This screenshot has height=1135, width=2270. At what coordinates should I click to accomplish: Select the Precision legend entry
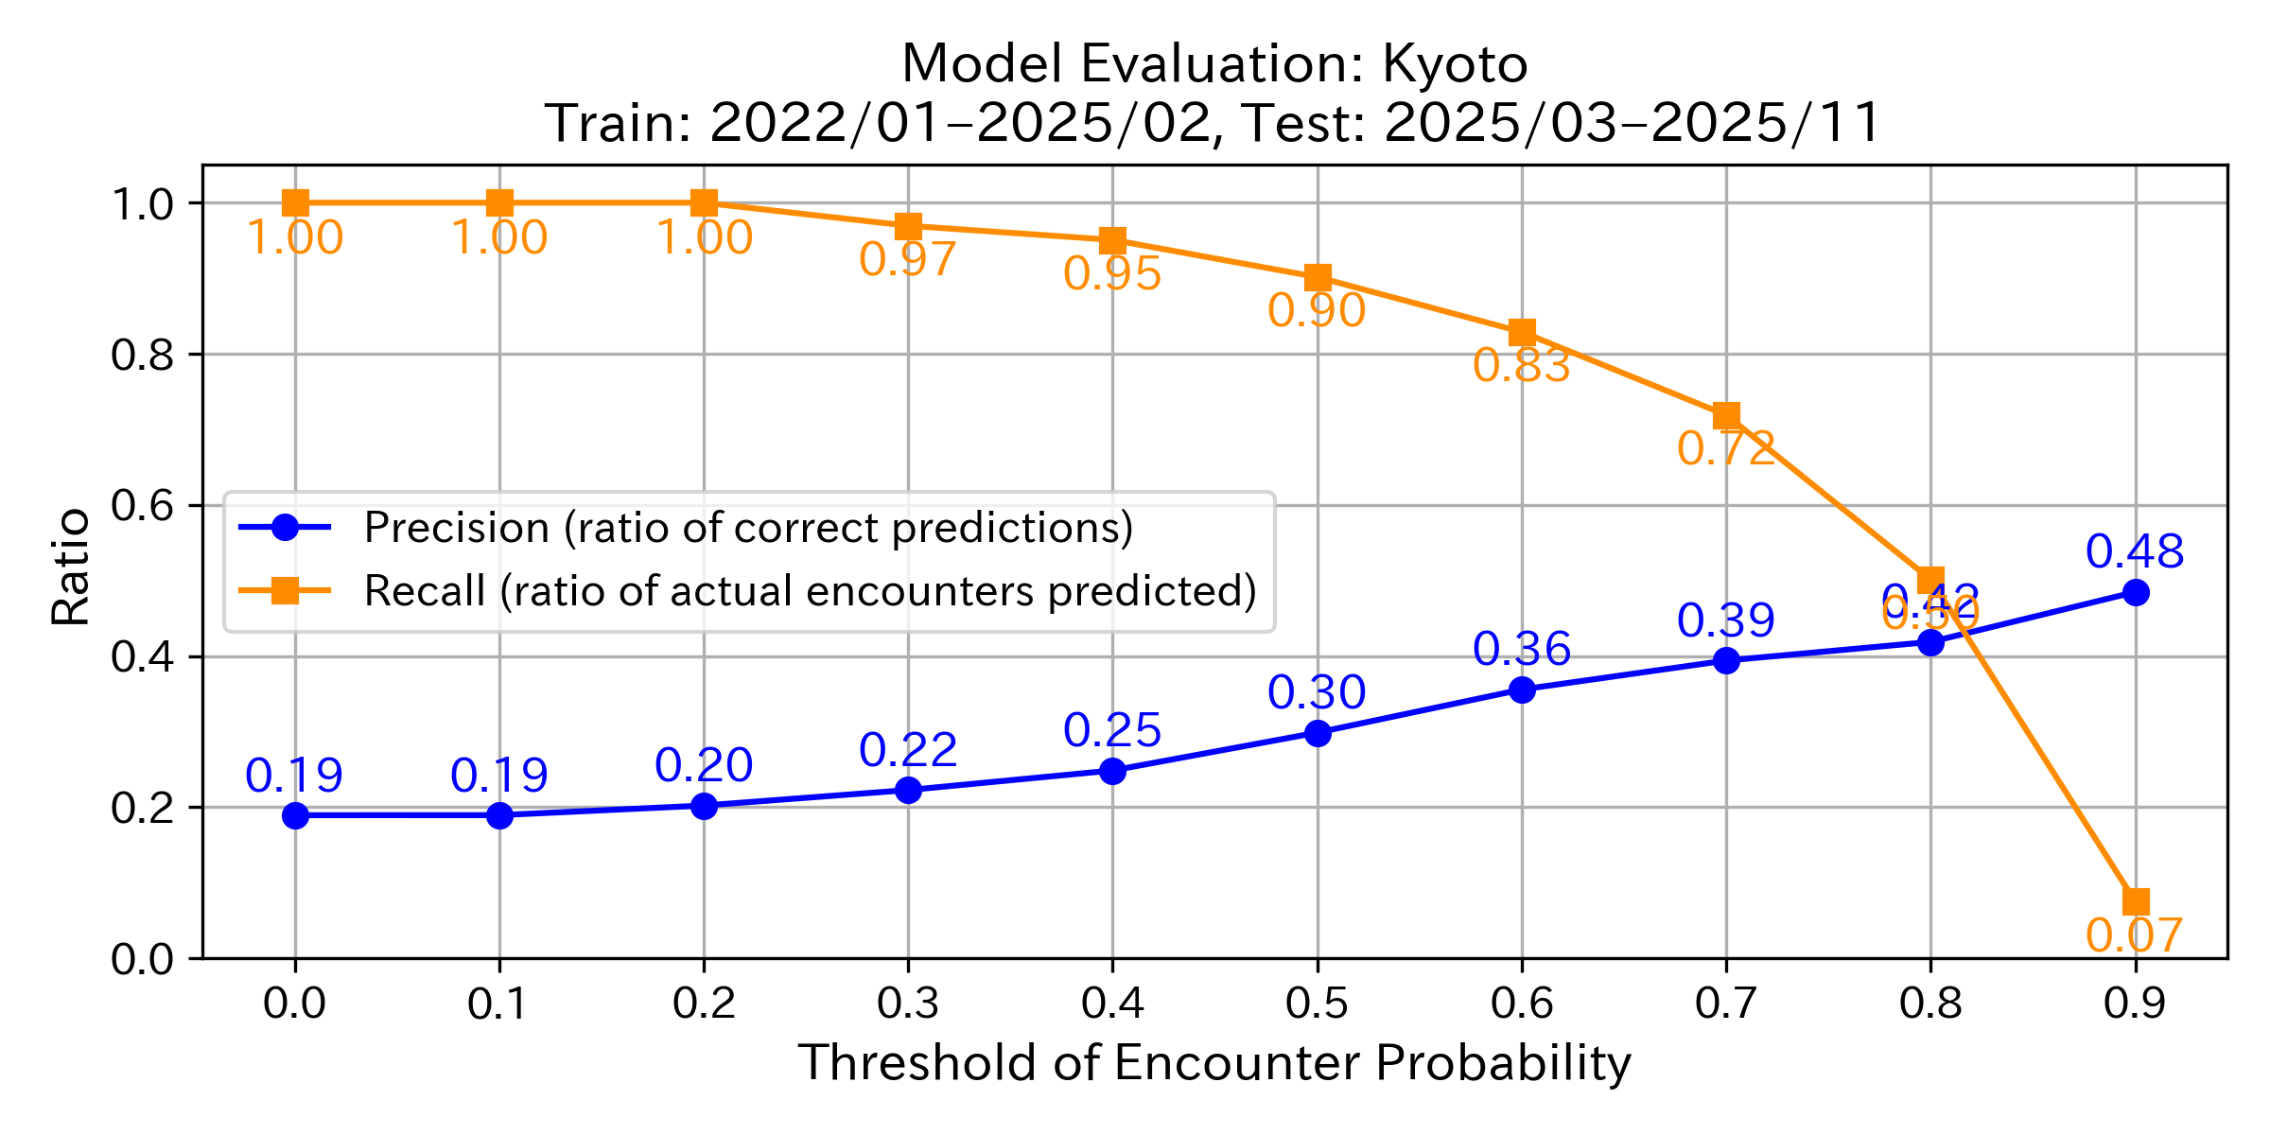click(x=747, y=528)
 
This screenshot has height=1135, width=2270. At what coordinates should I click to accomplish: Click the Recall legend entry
click(x=810, y=591)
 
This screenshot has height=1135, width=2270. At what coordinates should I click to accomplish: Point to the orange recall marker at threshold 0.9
click(x=2135, y=901)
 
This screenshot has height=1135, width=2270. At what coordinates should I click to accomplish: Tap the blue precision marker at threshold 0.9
click(x=2135, y=593)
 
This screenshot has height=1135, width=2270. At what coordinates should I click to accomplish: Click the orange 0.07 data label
click(x=2134, y=936)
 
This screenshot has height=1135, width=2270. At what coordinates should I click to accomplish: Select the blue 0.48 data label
click(x=2134, y=551)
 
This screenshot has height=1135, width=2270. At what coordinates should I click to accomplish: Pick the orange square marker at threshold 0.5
click(x=1318, y=278)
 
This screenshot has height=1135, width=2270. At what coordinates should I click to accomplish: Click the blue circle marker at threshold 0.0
click(x=295, y=815)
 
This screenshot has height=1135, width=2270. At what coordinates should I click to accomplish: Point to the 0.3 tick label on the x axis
click(x=908, y=1004)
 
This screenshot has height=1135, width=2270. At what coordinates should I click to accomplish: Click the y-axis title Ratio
click(x=70, y=567)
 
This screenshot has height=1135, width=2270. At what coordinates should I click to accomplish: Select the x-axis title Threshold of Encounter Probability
click(x=1214, y=1063)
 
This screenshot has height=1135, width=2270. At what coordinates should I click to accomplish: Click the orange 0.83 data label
click(x=1521, y=366)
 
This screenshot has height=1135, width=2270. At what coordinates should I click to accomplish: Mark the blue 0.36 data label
click(x=1521, y=650)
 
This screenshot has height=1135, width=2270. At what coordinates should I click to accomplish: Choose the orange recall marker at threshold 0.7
click(x=1726, y=416)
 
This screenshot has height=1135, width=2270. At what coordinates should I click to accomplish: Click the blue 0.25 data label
click(x=1111, y=731)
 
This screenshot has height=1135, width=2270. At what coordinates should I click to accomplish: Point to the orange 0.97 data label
click(x=907, y=260)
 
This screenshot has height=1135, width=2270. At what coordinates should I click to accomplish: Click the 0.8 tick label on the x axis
click(x=1930, y=1004)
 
